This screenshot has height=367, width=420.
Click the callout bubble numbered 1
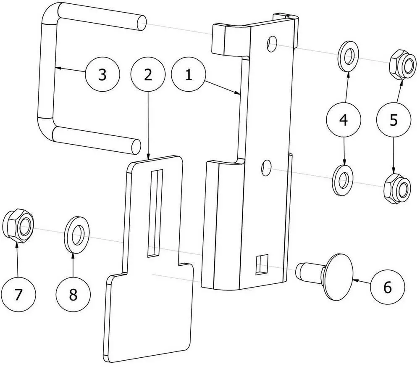tap(189, 74)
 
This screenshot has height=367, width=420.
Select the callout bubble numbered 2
tap(148, 74)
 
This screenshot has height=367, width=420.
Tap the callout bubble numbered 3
tap(102, 74)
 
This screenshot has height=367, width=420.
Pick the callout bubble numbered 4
tap(344, 119)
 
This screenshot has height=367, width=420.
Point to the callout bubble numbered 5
tap(394, 119)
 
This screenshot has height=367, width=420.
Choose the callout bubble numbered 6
tap(387, 287)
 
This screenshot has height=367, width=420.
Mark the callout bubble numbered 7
tap(18, 294)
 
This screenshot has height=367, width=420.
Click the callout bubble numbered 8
tap(73, 294)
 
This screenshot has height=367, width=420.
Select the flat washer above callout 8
tap(76, 235)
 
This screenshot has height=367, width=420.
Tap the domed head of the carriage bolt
tap(339, 276)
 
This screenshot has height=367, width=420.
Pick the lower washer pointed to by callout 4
tap(343, 180)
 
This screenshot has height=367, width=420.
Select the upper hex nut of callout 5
tap(403, 64)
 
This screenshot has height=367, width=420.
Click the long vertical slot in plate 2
tap(155, 213)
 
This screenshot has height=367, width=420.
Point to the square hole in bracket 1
tap(262, 264)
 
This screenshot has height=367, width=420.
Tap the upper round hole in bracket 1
tap(272, 44)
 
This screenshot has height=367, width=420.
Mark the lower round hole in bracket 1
tap(267, 168)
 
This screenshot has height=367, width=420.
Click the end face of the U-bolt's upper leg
tap(142, 23)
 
